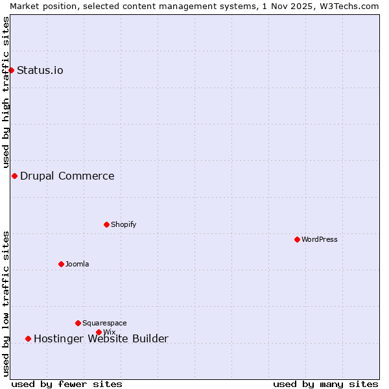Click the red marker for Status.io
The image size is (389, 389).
11,70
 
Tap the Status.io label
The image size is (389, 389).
40,71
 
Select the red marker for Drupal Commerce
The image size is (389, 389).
14,176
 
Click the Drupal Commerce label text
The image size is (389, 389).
67,176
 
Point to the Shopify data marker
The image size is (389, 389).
106,224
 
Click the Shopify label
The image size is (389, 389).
123,225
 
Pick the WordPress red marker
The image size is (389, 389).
297,239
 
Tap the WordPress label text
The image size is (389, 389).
320,240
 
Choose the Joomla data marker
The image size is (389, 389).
61,264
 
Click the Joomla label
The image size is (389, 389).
77,265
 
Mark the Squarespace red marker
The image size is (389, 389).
78,323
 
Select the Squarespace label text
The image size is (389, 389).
104,324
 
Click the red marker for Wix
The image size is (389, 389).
99,332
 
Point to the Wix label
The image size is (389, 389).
110,333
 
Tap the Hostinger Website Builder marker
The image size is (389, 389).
28,338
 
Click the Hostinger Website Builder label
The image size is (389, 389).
101,339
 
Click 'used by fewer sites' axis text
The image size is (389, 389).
67,384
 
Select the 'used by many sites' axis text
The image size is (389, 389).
325,384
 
